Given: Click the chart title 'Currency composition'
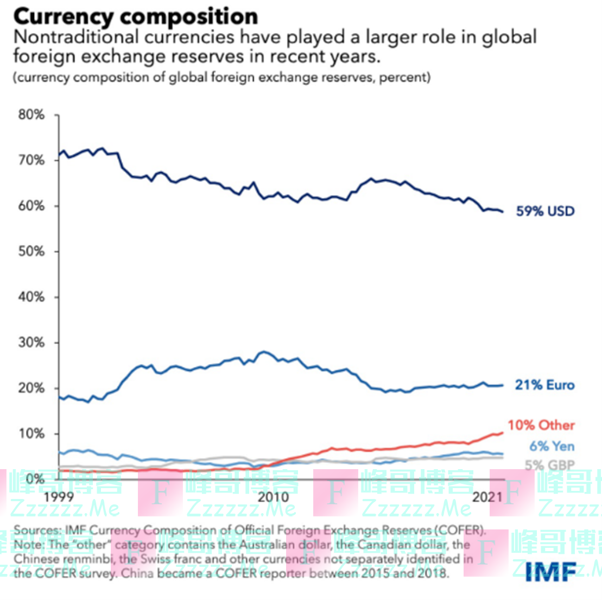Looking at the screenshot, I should (135, 16).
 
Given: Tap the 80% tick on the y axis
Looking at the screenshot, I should (31, 115).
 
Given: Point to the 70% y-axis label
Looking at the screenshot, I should (31, 160).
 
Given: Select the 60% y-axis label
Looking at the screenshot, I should (31, 206).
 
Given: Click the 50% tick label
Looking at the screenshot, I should (31, 251).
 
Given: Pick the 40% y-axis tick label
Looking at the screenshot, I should (31, 297).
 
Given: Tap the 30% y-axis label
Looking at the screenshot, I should (31, 343).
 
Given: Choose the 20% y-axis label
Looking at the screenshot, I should (31, 388).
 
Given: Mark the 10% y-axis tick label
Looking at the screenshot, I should (31, 434).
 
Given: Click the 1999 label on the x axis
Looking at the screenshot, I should (59, 497).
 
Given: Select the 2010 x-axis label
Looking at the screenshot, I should (273, 497).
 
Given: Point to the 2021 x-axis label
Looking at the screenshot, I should (487, 497).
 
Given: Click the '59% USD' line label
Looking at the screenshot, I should (544, 211).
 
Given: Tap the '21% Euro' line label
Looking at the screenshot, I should (544, 385).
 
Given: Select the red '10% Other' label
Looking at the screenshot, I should (541, 425).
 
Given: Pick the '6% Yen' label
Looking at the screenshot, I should (552, 446).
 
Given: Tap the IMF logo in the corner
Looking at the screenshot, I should (551, 571).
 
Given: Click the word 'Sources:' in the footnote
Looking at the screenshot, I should (37, 530).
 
